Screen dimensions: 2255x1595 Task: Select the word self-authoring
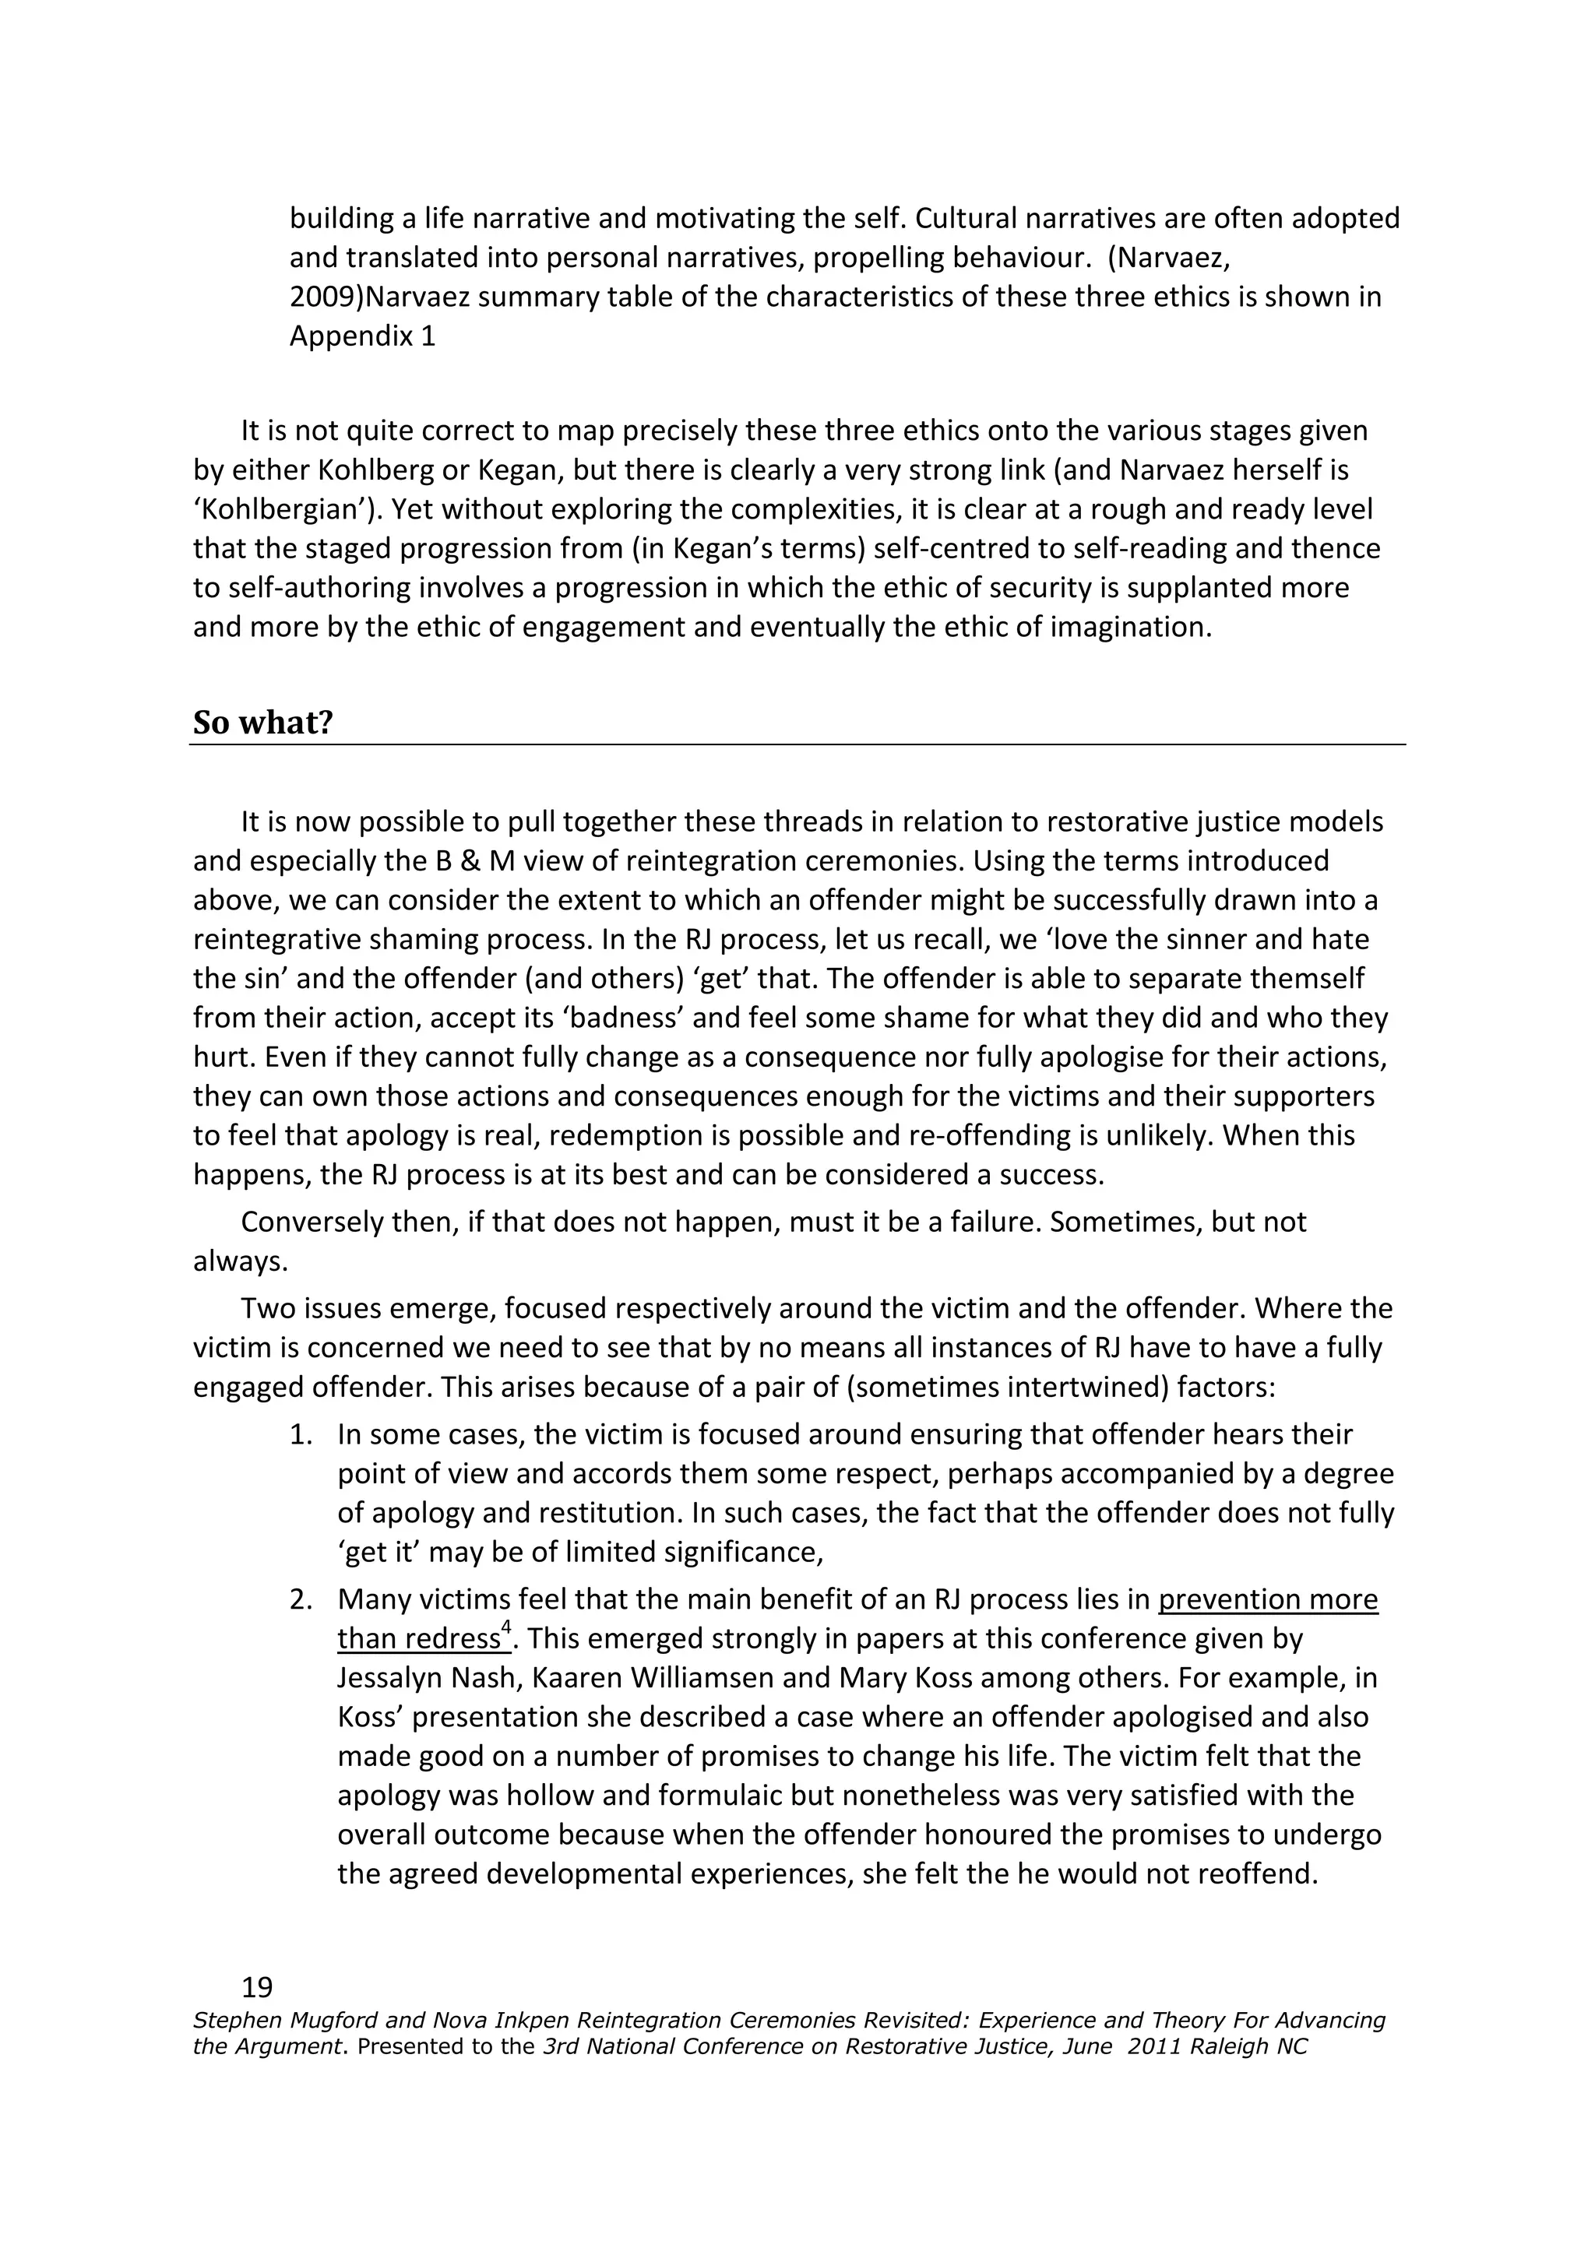coord(317,589)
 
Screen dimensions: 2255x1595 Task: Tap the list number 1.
coord(300,1435)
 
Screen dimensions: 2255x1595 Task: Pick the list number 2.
coord(300,1600)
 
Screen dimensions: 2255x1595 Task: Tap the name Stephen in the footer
coord(232,2021)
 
